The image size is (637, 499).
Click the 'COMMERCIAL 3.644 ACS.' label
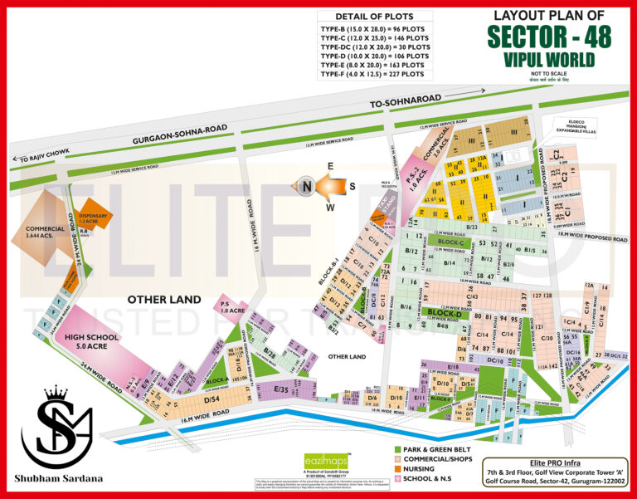(x=45, y=233)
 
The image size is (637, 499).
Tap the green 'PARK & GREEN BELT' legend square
(x=399, y=448)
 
